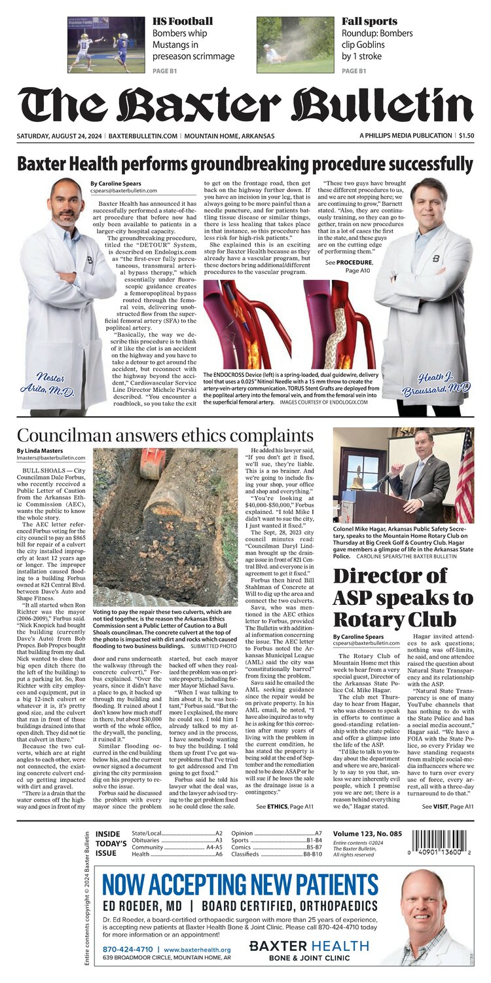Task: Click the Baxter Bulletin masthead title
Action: (x=245, y=105)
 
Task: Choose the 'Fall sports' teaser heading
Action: (x=365, y=22)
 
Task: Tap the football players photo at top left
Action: (x=107, y=44)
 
